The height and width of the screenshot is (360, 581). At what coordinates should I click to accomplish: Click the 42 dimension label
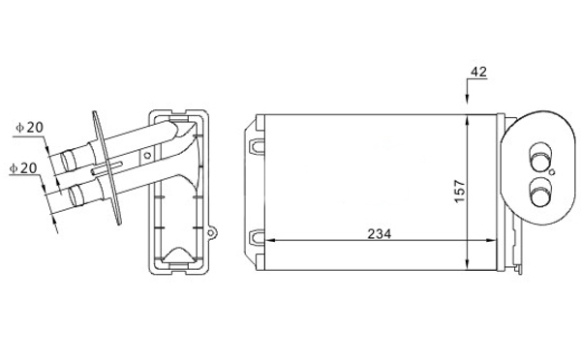(478, 72)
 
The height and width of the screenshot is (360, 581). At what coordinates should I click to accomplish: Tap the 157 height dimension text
(459, 192)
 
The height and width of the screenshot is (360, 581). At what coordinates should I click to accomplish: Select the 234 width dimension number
(380, 234)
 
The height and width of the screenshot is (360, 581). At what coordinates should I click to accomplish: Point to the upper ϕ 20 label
(30, 128)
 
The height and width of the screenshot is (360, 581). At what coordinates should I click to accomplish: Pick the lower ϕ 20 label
(23, 168)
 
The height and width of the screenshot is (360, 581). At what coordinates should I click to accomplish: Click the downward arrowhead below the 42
(468, 99)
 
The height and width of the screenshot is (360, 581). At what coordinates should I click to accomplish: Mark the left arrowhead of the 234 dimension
(271, 240)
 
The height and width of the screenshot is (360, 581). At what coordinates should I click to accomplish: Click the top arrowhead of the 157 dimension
(468, 120)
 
